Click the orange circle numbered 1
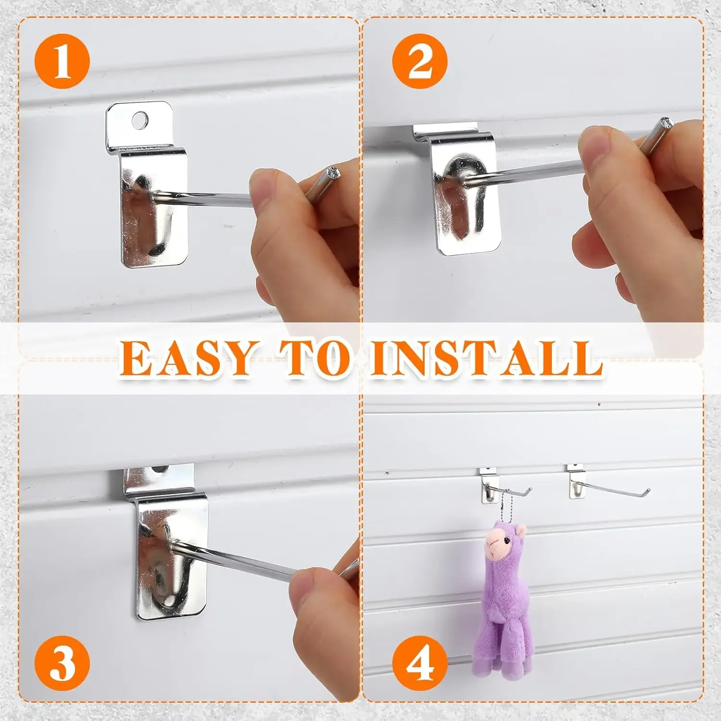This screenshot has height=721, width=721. (x=62, y=61)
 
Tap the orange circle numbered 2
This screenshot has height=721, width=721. (x=419, y=61)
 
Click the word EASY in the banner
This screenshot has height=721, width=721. (x=185, y=358)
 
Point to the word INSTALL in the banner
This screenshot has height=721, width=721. (x=485, y=358)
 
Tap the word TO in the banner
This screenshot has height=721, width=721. (x=315, y=358)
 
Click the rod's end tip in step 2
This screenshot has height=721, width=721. (x=666, y=122)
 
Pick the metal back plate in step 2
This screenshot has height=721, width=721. (x=461, y=197)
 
